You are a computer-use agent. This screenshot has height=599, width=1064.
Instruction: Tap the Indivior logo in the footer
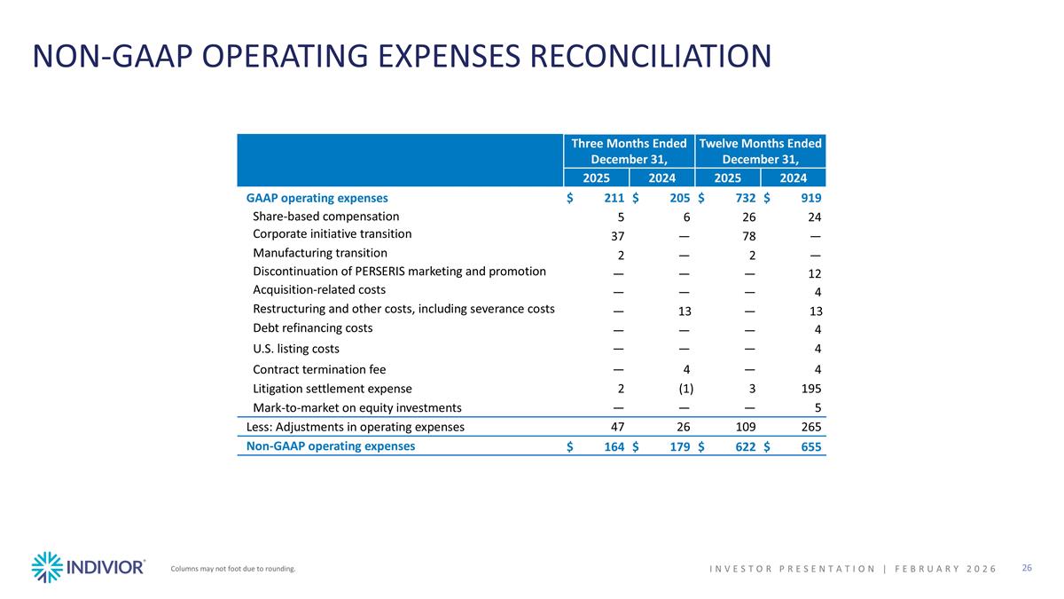click(88, 567)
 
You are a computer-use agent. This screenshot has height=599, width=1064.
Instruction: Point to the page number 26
click(1027, 568)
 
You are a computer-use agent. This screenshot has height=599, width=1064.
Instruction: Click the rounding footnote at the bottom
click(232, 569)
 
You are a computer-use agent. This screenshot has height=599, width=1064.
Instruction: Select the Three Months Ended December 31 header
click(629, 151)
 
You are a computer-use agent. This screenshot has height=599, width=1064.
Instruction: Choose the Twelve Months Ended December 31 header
click(760, 151)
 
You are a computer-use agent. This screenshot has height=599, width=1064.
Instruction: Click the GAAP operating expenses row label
click(317, 198)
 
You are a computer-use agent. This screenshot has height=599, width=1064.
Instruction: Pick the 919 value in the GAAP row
click(810, 198)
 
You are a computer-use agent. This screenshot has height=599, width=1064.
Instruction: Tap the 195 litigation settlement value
click(810, 389)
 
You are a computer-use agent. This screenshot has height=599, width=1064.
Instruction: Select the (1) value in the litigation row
click(685, 389)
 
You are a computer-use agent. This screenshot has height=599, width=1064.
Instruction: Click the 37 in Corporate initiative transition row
click(618, 236)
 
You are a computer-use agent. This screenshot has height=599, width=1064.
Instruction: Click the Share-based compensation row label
click(325, 217)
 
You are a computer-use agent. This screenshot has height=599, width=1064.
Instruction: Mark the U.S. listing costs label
click(296, 349)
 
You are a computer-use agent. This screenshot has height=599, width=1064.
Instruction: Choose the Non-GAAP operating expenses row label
click(330, 446)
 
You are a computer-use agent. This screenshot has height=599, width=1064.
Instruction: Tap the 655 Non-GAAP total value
click(810, 447)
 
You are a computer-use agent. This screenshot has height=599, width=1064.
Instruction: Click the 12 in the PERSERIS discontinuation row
click(814, 273)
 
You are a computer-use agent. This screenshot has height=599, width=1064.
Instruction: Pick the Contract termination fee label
click(319, 369)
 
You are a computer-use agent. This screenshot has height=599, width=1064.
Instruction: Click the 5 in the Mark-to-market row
click(818, 408)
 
